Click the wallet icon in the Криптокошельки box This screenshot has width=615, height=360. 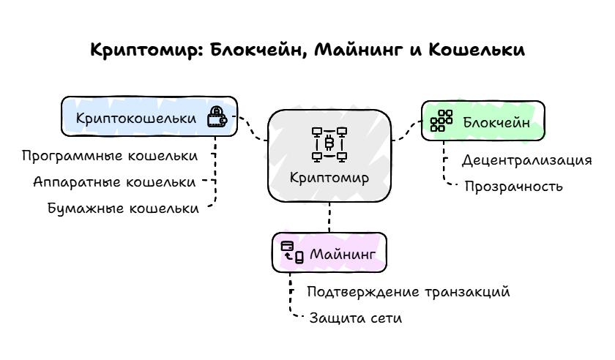217,118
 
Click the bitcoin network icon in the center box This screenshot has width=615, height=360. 329,144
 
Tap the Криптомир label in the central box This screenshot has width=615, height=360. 329,178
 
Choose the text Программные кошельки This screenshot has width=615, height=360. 109,156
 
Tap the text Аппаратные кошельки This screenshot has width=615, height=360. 114,181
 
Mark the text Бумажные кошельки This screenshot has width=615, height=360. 123,208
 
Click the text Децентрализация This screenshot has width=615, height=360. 526,160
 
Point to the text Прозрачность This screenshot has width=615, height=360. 513,186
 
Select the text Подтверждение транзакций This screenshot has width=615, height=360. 408,292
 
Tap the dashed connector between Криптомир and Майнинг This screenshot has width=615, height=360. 329,218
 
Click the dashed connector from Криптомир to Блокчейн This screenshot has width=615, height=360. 405,133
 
